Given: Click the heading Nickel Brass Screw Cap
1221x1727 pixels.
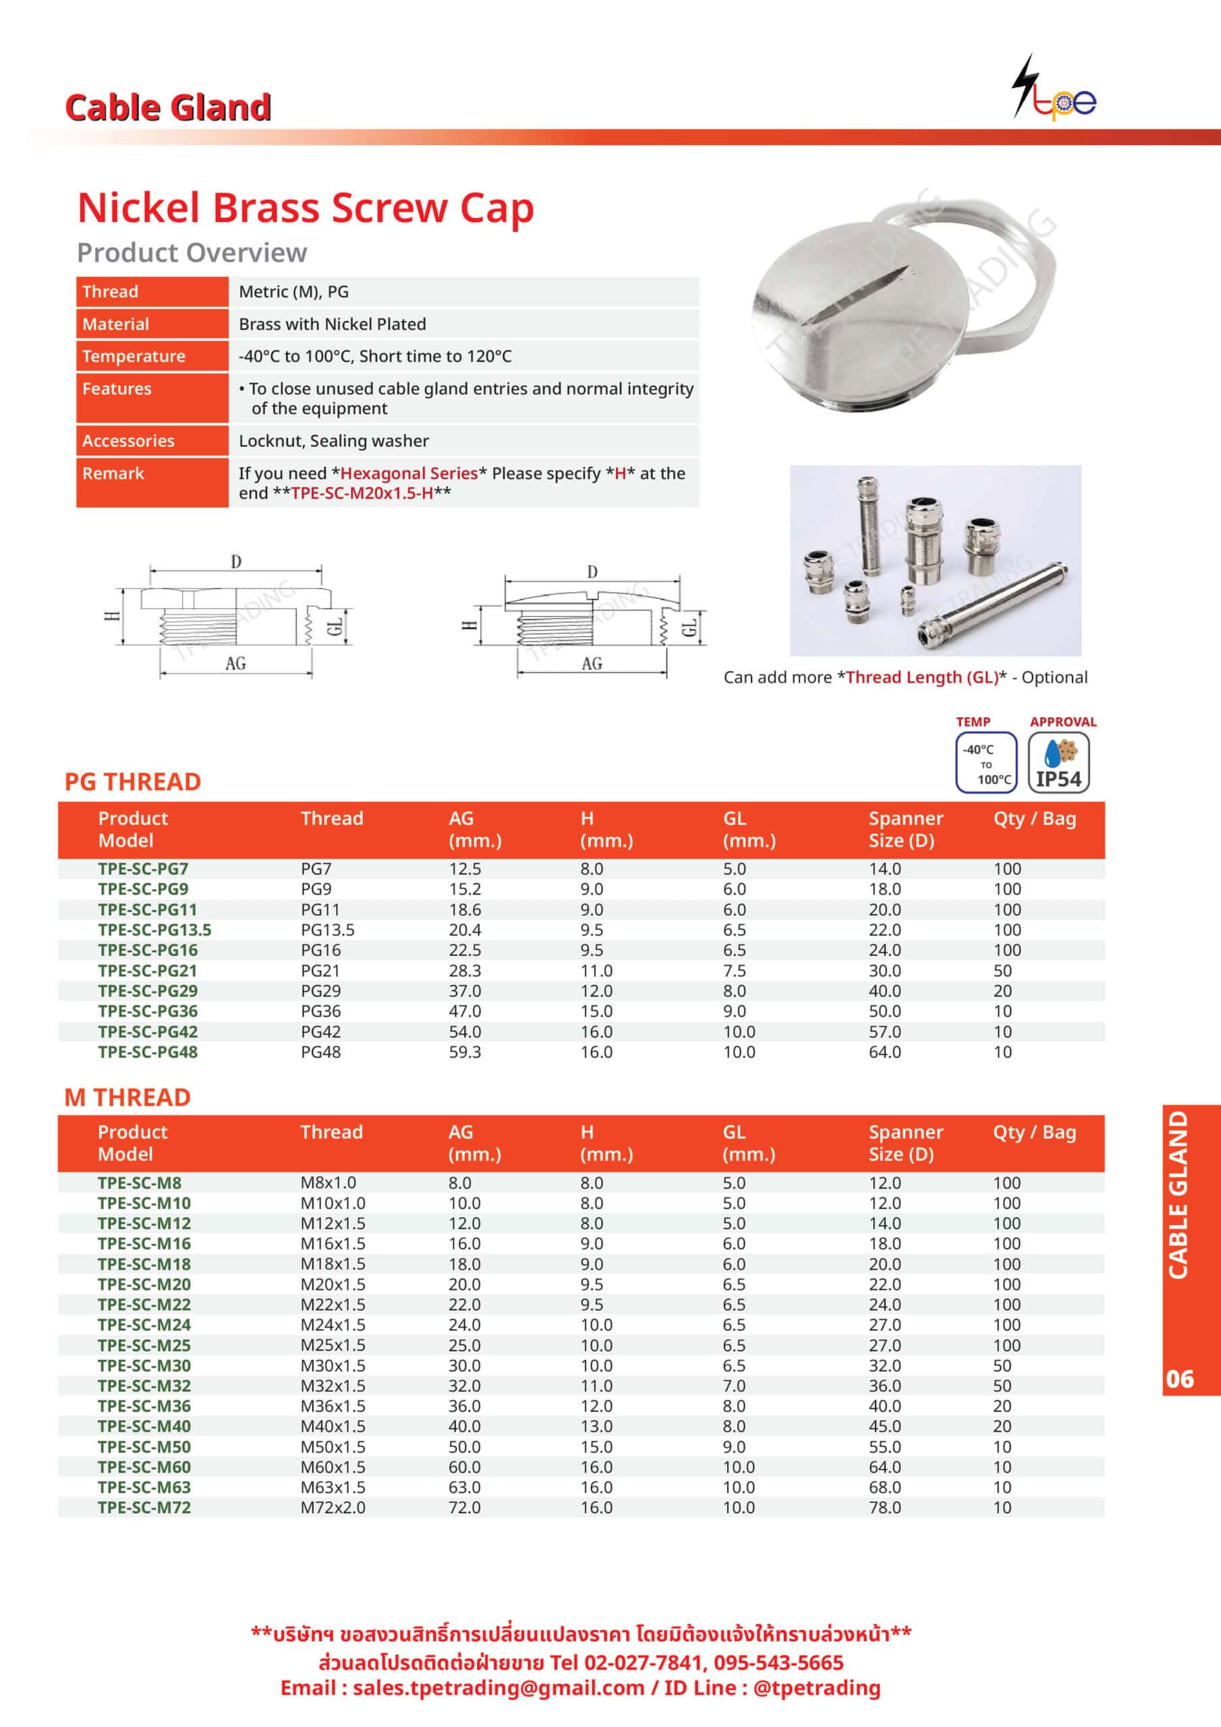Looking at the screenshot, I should tap(306, 208).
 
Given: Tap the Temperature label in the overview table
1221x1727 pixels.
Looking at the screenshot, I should tap(134, 357).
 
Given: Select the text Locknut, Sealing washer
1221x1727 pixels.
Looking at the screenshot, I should tap(333, 441).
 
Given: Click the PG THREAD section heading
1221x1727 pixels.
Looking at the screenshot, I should tap(133, 781).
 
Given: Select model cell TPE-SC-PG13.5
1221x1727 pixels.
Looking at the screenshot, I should tap(155, 930).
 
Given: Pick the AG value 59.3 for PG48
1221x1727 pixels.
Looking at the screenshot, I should tap(465, 1052).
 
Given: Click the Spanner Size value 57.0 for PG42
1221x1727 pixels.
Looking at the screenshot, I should tap(884, 1032).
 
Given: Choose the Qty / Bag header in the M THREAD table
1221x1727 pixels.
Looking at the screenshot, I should tap(1034, 1132).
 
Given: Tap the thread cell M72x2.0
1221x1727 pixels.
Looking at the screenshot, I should tap(333, 1507).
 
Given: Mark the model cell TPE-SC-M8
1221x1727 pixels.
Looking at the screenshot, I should tap(140, 1183).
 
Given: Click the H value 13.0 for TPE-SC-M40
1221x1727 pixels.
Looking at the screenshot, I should tap(596, 1426).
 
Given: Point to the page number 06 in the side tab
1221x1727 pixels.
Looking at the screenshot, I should tap(1180, 1379).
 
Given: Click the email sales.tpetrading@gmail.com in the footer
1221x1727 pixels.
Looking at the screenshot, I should tap(498, 1688).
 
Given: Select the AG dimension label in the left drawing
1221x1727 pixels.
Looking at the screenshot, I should tap(235, 663).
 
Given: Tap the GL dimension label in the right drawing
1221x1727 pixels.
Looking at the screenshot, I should tap(689, 627).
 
